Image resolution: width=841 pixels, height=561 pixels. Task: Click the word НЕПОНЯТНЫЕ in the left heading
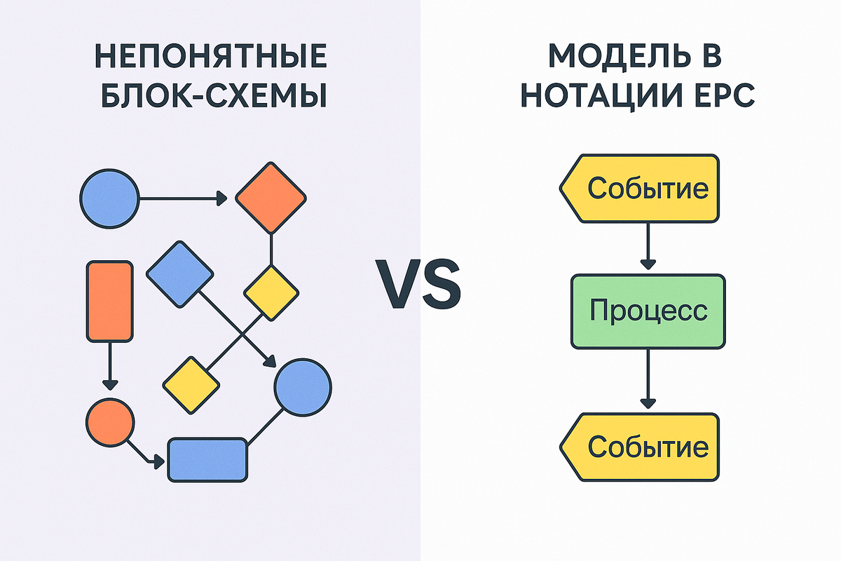210,58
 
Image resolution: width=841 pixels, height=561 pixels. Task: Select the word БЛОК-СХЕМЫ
210,96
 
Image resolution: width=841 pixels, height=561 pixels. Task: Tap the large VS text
421,281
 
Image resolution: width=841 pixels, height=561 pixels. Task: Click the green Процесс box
648,311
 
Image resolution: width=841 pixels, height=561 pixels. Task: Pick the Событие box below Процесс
641,446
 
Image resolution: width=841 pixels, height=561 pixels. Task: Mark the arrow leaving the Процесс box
648,379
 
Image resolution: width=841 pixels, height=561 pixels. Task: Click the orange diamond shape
271,198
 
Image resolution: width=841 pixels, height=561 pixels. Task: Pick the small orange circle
110,421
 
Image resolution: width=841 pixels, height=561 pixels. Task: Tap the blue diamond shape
180,273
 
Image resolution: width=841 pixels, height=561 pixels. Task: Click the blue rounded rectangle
208,460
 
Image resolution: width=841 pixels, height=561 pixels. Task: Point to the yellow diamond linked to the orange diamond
271,292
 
